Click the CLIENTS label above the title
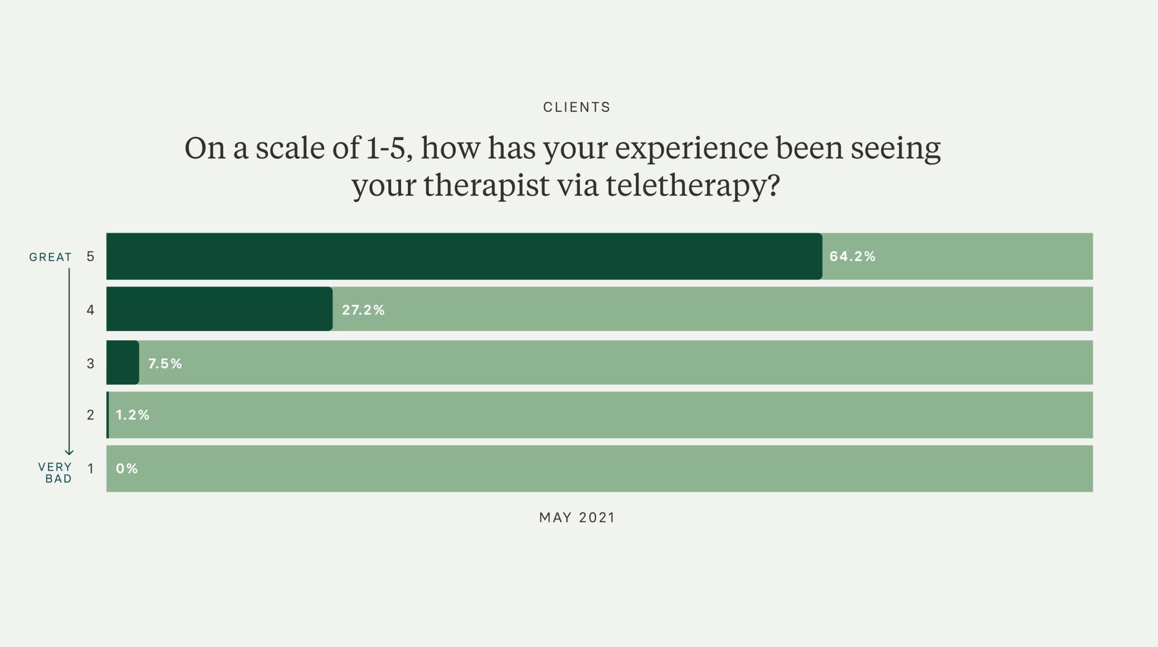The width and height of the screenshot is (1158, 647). click(577, 107)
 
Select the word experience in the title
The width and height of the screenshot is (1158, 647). click(691, 149)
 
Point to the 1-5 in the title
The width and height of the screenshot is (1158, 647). click(386, 148)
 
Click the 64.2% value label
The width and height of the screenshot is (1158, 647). click(852, 256)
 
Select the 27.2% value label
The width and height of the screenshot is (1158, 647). click(363, 310)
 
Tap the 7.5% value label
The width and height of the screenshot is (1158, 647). click(165, 364)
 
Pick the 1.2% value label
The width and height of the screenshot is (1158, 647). click(132, 415)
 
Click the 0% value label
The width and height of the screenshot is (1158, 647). click(127, 469)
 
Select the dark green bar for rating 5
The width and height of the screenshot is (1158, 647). click(463, 256)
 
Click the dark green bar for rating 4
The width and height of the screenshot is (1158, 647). click(219, 309)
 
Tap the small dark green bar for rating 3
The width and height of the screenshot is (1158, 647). click(123, 363)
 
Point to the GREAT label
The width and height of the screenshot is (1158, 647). click(50, 257)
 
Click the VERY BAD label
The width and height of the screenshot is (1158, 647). click(55, 473)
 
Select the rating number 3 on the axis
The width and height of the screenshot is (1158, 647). click(90, 364)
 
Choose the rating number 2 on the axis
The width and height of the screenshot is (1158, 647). click(90, 415)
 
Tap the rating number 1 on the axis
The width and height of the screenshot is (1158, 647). click(90, 469)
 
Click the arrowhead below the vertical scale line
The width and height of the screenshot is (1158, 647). click(69, 452)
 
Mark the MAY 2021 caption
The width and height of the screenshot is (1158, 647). click(577, 518)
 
